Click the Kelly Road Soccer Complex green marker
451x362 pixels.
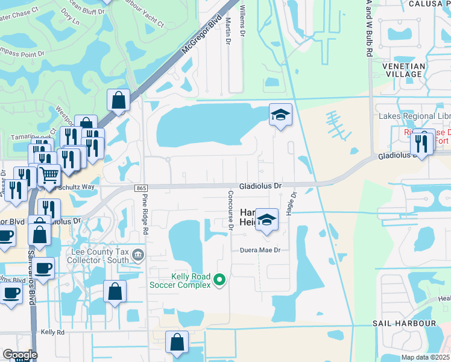[x=220, y=279]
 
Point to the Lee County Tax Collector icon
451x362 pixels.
[x=138, y=255]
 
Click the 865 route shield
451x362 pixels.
[x=142, y=188]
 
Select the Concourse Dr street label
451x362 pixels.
[x=230, y=211]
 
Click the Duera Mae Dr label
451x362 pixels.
[x=260, y=250]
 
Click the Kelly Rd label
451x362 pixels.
[x=52, y=332]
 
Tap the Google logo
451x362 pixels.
[x=20, y=354]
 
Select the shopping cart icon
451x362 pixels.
[x=49, y=176]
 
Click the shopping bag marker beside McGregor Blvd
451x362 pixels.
[x=119, y=100]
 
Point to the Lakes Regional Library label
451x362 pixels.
[x=414, y=116]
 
